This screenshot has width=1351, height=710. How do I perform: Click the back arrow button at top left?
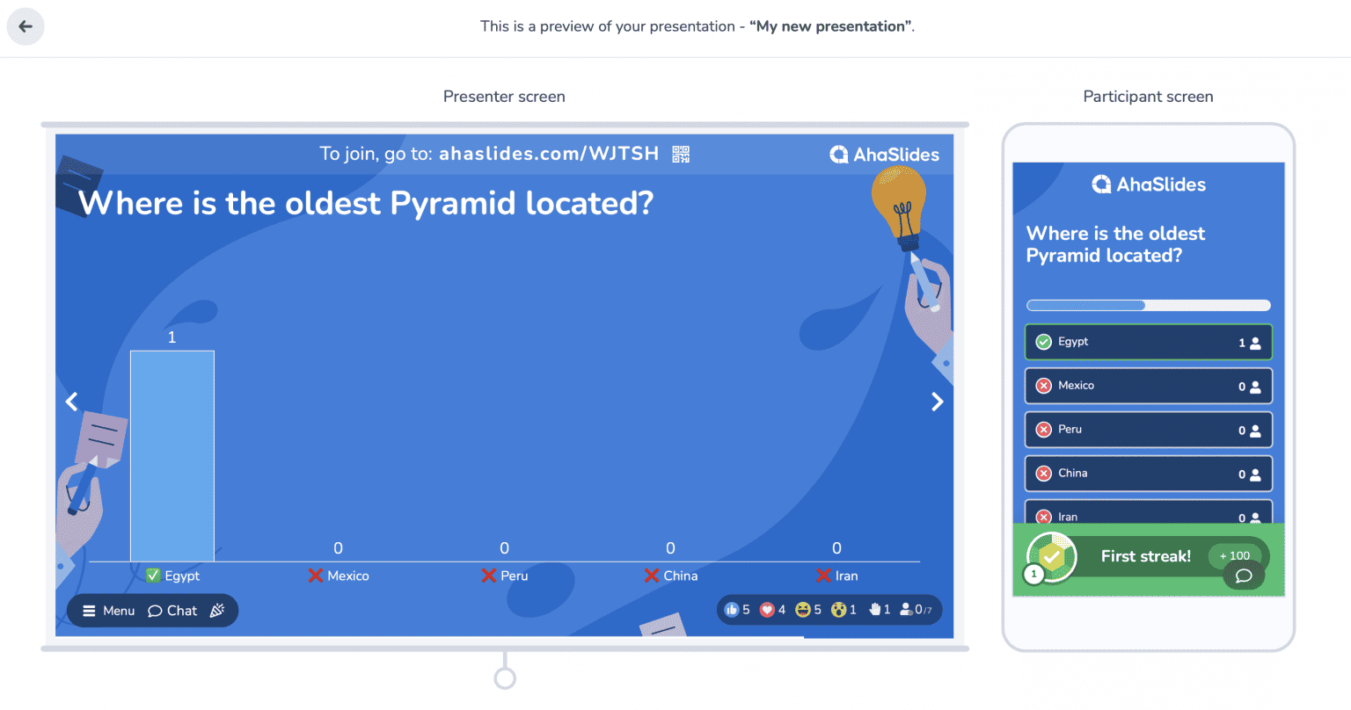click(26, 26)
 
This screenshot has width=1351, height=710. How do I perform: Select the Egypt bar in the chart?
click(172, 456)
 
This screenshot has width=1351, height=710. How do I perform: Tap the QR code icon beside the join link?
click(681, 155)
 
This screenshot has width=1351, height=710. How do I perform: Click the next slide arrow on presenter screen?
click(937, 402)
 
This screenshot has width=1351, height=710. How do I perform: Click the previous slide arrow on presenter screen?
click(72, 402)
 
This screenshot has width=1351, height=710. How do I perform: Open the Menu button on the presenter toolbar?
click(108, 611)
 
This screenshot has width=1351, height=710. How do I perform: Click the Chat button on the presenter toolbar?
click(172, 611)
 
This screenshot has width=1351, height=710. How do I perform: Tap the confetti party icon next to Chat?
click(217, 611)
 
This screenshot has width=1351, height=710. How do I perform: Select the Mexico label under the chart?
click(348, 576)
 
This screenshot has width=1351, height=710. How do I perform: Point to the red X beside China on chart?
click(652, 576)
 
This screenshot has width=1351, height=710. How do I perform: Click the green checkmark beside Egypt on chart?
click(153, 575)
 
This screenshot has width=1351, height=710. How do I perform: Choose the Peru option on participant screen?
click(1149, 430)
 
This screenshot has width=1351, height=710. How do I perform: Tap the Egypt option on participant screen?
click(1149, 342)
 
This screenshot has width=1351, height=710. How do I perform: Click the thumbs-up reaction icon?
click(732, 609)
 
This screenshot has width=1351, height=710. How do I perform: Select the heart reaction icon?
click(767, 609)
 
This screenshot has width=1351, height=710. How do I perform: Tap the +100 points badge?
click(1235, 555)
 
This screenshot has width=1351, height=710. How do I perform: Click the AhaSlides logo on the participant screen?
click(1149, 185)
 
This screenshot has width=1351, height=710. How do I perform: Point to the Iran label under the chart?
click(846, 576)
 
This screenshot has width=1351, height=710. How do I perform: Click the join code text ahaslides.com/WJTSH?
click(549, 154)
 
